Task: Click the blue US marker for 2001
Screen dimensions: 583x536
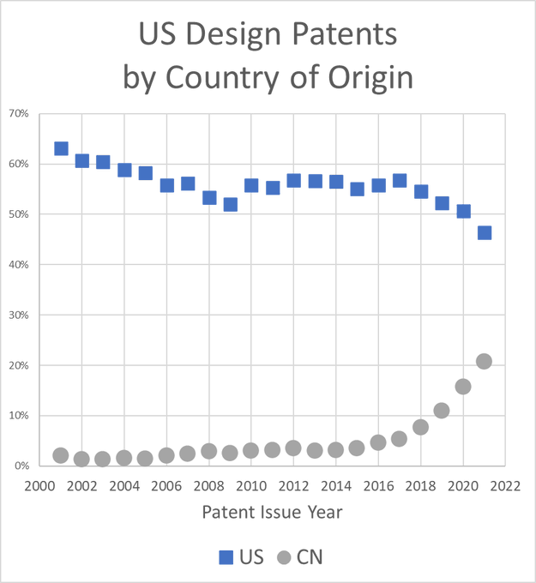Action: pos(61,148)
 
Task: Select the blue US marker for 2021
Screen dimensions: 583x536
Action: pos(485,232)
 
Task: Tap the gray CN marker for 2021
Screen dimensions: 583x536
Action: pos(485,361)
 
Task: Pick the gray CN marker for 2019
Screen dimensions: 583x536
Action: pos(442,411)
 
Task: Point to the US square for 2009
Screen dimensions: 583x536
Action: pos(231,204)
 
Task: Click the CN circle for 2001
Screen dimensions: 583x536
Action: pos(61,455)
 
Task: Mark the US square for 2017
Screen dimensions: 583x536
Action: pos(400,180)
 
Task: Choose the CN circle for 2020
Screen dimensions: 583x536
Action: pos(463,387)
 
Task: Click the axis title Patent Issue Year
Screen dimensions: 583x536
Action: pos(273,514)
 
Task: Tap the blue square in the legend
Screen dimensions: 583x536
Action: pos(226,558)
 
